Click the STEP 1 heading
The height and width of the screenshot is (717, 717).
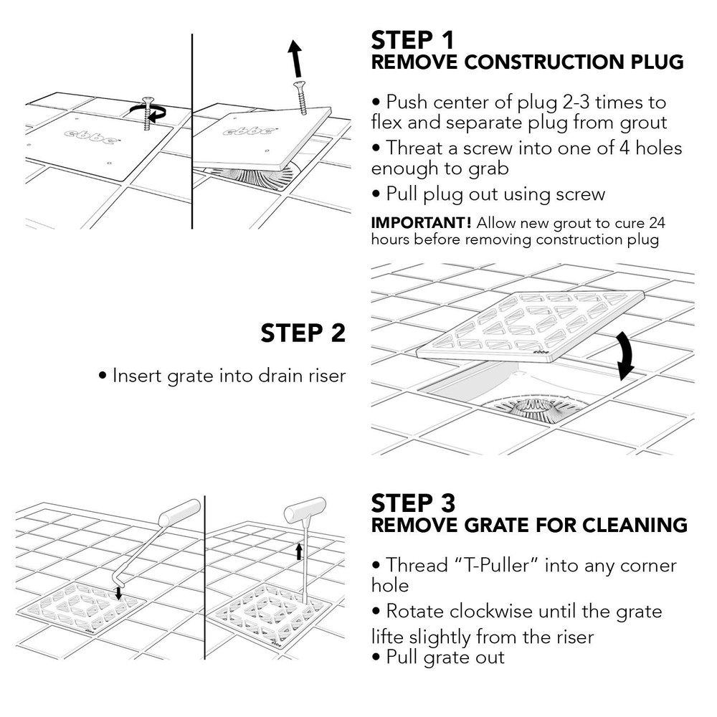412,40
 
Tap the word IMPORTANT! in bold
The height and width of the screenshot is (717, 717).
421,223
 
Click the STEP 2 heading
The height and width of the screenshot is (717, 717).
303,333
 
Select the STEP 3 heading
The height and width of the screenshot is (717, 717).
413,503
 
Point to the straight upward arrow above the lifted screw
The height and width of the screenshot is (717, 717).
295,59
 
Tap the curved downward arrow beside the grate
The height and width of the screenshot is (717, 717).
625,356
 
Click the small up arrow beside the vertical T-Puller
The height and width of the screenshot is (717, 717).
299,551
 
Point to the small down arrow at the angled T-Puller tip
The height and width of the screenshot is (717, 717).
118,594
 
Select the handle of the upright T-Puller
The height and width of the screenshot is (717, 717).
305,510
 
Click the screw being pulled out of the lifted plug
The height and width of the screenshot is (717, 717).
300,98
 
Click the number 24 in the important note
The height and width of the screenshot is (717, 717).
657,223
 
